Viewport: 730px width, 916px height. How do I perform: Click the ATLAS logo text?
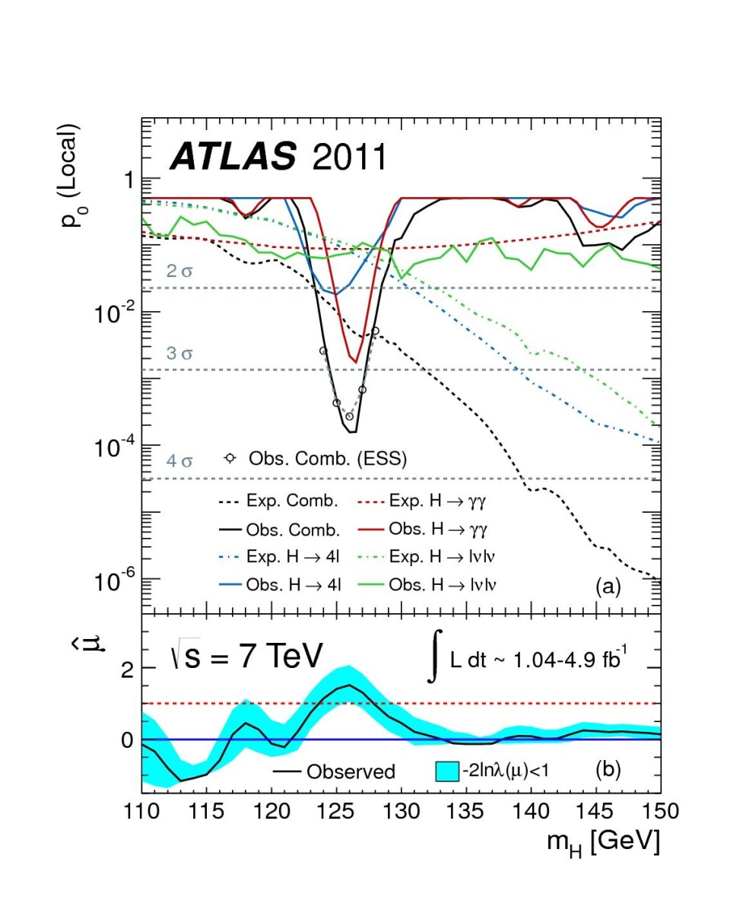coord(232,157)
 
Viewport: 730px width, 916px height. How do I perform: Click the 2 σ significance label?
coord(179,271)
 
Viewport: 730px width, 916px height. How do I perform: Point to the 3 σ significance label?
coord(179,353)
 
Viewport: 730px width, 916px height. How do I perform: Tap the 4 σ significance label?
coord(179,461)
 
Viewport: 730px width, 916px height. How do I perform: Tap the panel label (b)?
coord(608,770)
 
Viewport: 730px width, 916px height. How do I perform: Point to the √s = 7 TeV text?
coord(246,656)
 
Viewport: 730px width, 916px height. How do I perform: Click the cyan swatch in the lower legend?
coord(446,771)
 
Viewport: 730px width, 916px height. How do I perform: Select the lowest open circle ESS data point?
coord(349,416)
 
